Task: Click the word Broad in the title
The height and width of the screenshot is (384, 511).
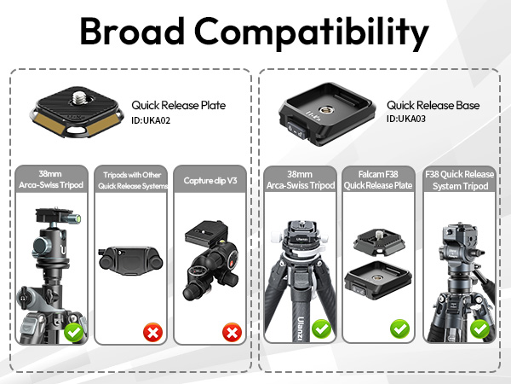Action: click(x=132, y=31)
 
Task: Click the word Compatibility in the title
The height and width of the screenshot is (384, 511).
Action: click(x=312, y=33)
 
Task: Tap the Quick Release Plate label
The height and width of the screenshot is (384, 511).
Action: click(x=179, y=105)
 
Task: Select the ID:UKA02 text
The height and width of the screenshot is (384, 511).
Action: click(x=151, y=120)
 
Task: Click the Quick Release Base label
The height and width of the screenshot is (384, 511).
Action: click(x=433, y=105)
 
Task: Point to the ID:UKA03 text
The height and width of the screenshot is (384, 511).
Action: click(x=406, y=119)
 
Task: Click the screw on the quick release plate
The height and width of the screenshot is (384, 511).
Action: click(x=78, y=98)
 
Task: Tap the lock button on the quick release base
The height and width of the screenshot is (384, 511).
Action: click(x=296, y=131)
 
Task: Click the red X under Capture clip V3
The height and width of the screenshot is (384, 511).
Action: click(x=232, y=333)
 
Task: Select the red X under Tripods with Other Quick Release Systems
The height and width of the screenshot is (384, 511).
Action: click(x=152, y=333)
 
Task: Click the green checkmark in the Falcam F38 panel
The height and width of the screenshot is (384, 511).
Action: click(x=400, y=329)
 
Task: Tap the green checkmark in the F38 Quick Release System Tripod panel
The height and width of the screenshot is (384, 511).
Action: click(x=479, y=329)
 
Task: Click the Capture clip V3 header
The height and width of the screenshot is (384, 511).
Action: click(x=210, y=181)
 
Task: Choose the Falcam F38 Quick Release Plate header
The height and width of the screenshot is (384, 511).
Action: click(x=378, y=180)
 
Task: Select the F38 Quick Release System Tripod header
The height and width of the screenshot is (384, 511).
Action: click(x=460, y=180)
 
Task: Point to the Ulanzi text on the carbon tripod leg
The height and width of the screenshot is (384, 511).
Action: click(x=301, y=329)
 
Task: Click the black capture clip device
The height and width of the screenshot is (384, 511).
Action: click(x=130, y=260)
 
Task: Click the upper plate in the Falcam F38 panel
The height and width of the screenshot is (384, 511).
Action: click(x=379, y=241)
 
